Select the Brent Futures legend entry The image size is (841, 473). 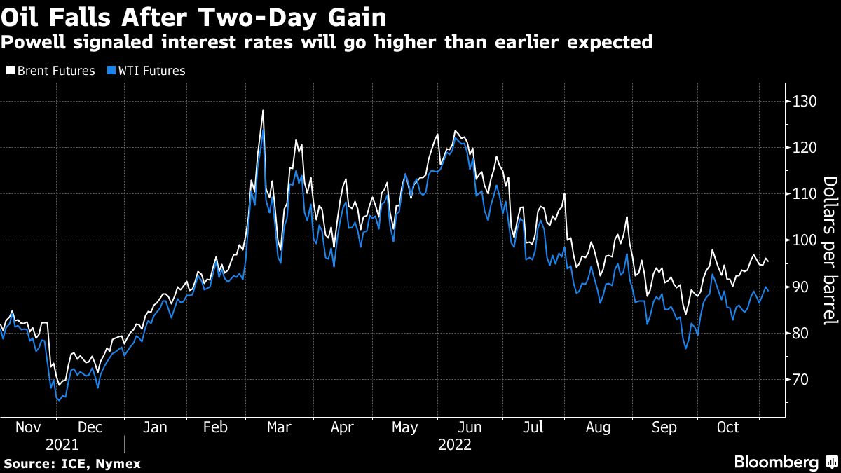coord(50,71)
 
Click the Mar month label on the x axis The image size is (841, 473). coord(280,427)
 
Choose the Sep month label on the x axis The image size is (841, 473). coord(664,427)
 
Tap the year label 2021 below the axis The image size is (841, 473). coord(62,445)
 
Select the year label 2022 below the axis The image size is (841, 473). coord(455,445)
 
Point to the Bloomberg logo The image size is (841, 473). coord(785,462)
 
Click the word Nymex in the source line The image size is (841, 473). coord(119,464)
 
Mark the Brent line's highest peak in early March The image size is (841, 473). coord(263,111)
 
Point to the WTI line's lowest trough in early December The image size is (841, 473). coord(58,400)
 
